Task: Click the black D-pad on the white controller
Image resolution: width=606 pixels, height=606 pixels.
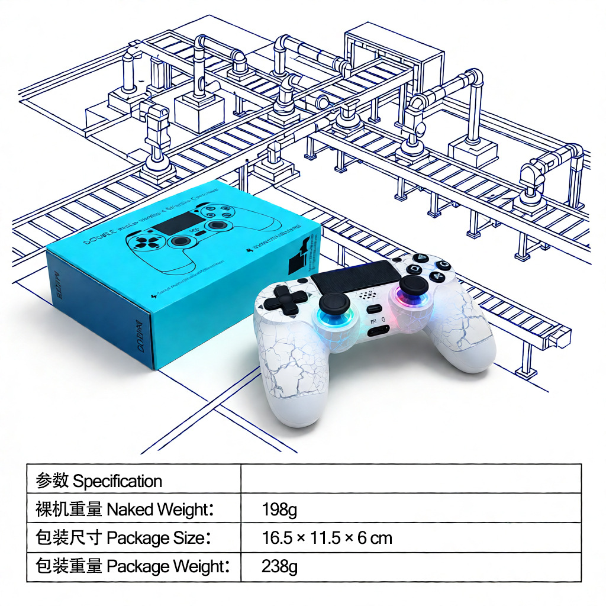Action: pos(286,299)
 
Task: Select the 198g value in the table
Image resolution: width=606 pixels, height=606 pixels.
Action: pos(279,509)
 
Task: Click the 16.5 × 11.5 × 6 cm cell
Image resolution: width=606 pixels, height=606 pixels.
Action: pos(327,538)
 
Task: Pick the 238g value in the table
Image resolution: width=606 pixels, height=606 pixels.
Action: pos(279,567)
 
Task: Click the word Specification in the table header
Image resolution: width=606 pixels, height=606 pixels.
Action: pos(117,481)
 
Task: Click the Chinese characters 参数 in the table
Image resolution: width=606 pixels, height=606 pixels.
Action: pos(52,481)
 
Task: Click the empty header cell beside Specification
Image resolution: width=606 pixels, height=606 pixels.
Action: pos(411,479)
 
